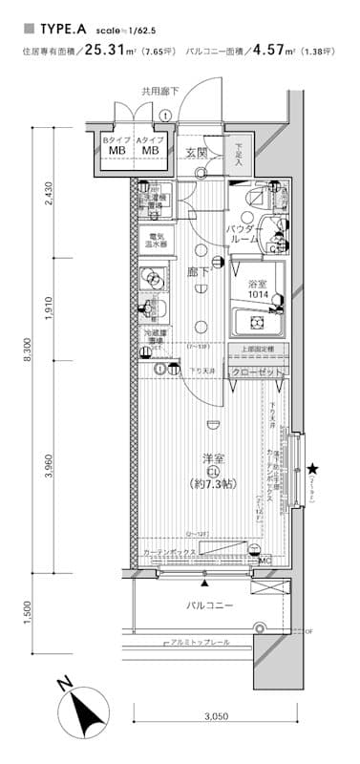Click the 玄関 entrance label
(x=197, y=152)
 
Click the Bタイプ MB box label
(x=116, y=146)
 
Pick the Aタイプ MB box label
(x=150, y=146)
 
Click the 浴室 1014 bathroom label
(x=257, y=288)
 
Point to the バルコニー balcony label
(x=210, y=605)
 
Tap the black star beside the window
(x=312, y=468)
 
